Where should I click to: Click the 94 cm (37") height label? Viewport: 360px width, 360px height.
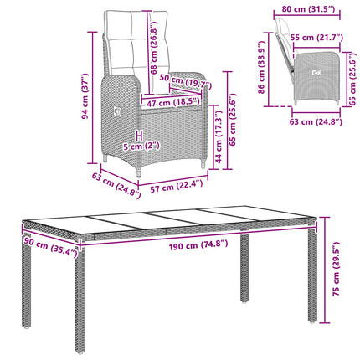[x=85, y=96]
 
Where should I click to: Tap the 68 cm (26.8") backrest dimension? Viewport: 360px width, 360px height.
[x=154, y=47]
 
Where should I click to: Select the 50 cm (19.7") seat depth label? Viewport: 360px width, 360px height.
[x=186, y=82]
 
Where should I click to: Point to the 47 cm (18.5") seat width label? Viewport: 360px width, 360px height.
[x=173, y=103]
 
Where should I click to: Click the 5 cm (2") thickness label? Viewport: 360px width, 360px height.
[x=141, y=147]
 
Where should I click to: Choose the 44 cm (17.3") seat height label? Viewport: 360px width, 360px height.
[x=219, y=136]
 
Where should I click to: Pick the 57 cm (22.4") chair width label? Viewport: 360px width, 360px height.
[x=177, y=186]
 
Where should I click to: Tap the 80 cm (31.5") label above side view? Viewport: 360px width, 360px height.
[x=308, y=9]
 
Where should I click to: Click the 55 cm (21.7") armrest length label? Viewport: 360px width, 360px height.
[x=316, y=37]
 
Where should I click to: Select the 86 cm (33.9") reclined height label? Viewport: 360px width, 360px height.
[x=261, y=68]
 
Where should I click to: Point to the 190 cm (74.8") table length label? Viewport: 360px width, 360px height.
[x=198, y=245]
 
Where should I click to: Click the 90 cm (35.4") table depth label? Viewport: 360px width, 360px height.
[x=50, y=246]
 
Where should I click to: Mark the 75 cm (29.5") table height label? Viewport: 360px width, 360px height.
[x=337, y=269]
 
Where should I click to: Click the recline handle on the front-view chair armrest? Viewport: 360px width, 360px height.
[x=116, y=113]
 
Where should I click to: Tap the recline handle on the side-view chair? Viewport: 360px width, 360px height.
[x=316, y=73]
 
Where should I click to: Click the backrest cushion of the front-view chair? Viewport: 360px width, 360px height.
[x=136, y=43]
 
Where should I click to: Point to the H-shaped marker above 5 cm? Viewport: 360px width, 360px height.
[x=139, y=136]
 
